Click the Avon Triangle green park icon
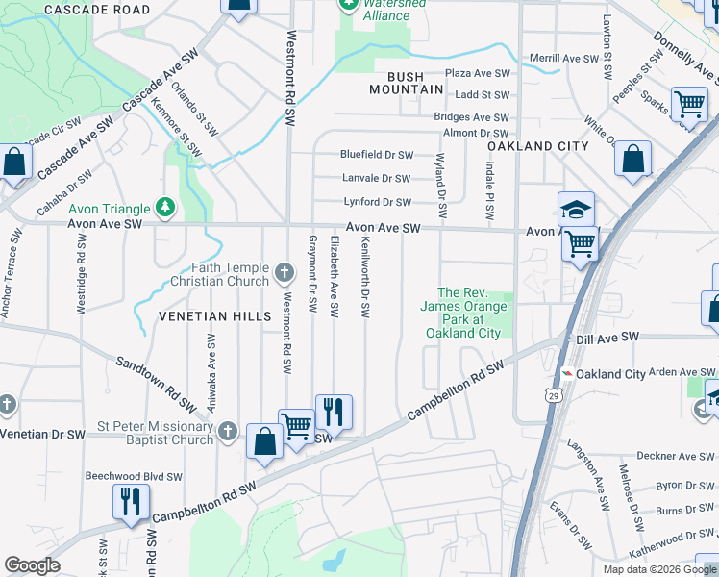166,208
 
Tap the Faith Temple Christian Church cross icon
284,273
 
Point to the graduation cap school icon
576,209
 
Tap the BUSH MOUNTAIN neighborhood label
408,83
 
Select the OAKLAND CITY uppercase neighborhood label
537,146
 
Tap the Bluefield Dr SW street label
376,155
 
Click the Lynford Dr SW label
378,202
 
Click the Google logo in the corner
32,565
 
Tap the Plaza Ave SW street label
476,73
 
